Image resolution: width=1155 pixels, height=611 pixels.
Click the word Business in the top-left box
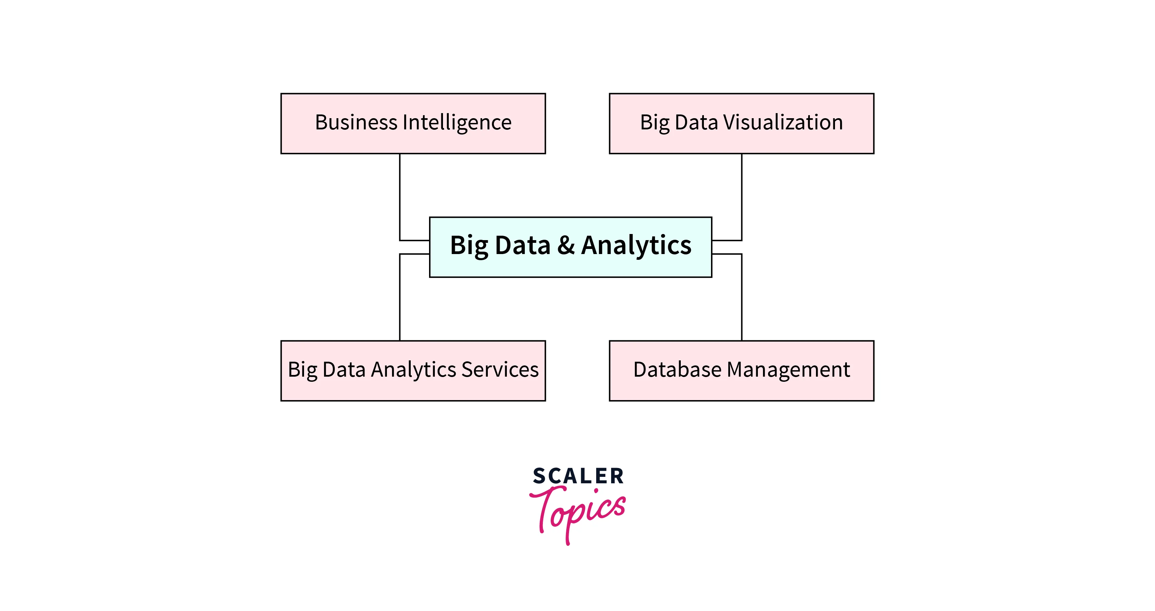[356, 122]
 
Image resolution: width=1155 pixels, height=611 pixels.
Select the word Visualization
[783, 122]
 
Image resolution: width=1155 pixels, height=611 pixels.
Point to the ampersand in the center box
[566, 245]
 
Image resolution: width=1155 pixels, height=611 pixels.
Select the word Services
[500, 370]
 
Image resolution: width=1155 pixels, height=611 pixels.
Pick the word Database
[677, 370]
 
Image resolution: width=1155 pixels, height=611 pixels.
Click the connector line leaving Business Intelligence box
[399, 197]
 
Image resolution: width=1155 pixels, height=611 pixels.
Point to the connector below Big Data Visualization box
[742, 197]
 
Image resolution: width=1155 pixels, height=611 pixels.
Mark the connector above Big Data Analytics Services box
[399, 298]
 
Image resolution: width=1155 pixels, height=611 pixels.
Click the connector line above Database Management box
[742, 298]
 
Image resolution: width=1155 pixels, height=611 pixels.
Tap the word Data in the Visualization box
[696, 122]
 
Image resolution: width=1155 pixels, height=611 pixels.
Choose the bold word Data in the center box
[522, 245]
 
